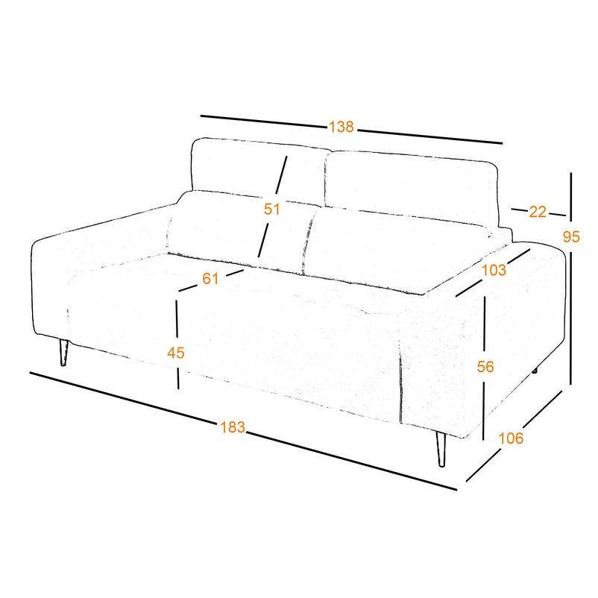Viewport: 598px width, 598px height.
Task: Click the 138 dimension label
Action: point(342,127)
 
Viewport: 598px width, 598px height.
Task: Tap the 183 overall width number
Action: point(233,427)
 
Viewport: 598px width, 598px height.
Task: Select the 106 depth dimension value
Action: point(511,438)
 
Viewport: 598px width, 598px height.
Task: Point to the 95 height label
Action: point(571,236)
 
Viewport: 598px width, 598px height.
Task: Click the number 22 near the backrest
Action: point(538,212)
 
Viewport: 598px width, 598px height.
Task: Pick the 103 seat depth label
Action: point(494,270)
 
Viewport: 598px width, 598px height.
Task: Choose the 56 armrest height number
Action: point(485,367)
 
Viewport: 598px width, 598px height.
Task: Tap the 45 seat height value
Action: point(176,353)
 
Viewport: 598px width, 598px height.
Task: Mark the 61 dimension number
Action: point(210,279)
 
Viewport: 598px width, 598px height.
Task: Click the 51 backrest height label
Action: point(272,209)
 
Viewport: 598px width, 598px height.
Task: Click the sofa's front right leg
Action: point(441,449)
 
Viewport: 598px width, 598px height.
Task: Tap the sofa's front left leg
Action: point(63,353)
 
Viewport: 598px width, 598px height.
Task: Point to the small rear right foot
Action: point(535,371)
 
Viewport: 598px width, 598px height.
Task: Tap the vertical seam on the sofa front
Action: point(400,385)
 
